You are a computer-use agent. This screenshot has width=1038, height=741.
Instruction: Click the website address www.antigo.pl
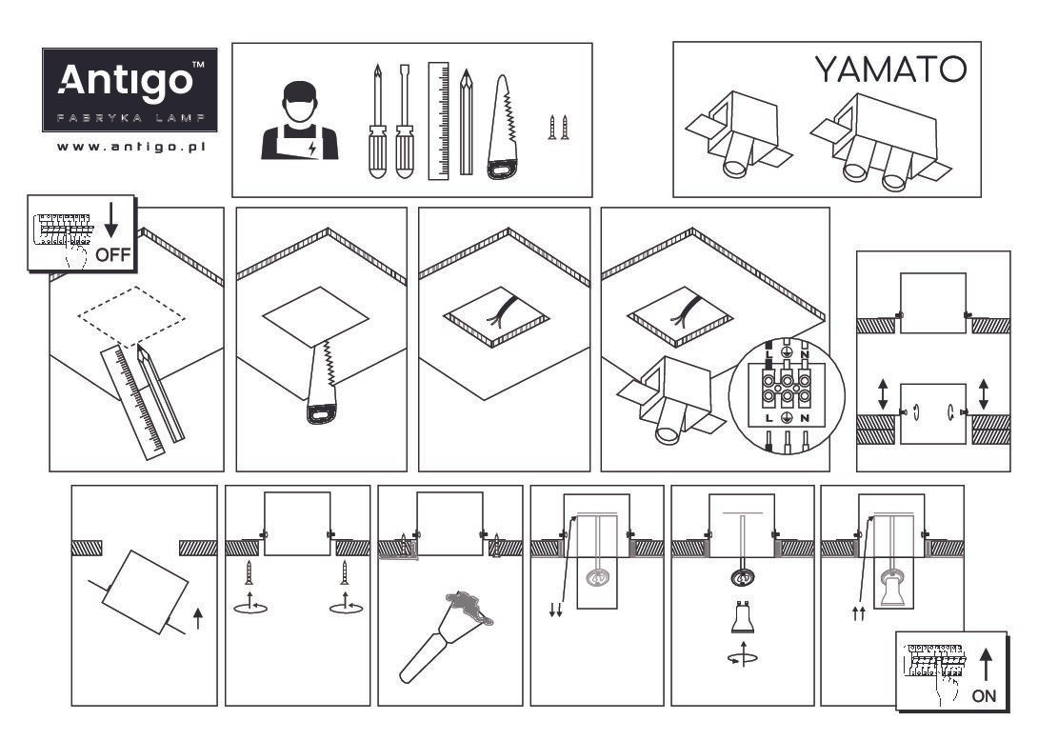point(131,147)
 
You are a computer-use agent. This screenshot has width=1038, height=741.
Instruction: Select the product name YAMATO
point(890,70)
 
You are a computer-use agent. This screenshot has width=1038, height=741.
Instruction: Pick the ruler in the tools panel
point(438,121)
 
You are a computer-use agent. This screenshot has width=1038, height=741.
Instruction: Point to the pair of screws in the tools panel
point(558,128)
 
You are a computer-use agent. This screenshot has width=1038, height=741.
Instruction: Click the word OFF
point(112,255)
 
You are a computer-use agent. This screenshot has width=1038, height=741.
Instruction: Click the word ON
point(984,695)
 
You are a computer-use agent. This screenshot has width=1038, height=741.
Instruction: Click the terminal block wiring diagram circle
point(787,392)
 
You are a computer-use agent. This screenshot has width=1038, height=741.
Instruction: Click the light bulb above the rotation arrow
point(743,620)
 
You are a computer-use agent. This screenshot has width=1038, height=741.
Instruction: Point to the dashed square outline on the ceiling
point(132,313)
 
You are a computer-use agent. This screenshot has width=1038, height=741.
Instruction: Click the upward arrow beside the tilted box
point(197,620)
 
